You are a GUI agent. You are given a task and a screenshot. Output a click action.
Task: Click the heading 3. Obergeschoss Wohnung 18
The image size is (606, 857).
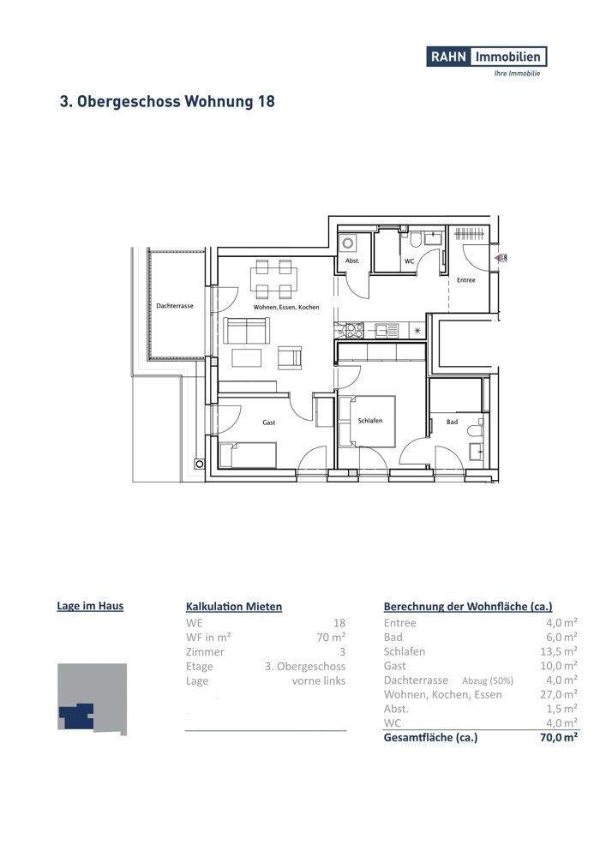(x=167, y=101)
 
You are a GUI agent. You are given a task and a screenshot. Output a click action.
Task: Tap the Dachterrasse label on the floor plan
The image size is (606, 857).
(x=175, y=306)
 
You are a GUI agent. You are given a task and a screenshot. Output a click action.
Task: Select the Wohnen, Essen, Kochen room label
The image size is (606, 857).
(x=285, y=307)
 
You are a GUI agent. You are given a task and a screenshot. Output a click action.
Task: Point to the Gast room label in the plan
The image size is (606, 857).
(x=269, y=423)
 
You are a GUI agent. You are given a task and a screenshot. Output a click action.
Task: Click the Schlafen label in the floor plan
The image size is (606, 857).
(x=369, y=422)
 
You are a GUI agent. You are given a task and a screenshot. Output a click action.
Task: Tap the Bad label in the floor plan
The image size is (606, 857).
(x=452, y=422)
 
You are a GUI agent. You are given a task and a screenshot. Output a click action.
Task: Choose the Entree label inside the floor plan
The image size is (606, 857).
(x=465, y=280)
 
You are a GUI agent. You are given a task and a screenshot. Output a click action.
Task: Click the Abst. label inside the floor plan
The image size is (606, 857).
(x=351, y=261)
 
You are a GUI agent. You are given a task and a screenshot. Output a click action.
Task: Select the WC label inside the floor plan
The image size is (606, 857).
(x=409, y=261)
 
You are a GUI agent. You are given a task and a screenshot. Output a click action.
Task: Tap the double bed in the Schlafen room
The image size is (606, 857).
(x=367, y=421)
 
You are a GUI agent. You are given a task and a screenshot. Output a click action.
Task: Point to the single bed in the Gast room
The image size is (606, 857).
(x=248, y=453)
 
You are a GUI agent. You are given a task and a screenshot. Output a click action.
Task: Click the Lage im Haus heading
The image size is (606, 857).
(x=90, y=606)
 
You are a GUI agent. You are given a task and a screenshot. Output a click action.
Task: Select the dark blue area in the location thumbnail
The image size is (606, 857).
(x=76, y=715)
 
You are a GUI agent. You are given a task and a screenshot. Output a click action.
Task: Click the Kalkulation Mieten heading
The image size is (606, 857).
(x=233, y=606)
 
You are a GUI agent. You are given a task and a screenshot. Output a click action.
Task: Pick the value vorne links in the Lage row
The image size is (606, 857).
(x=319, y=680)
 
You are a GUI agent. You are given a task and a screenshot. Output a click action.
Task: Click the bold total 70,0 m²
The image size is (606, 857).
(x=558, y=737)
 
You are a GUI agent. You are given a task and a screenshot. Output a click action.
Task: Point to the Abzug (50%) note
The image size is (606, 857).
(x=487, y=680)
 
